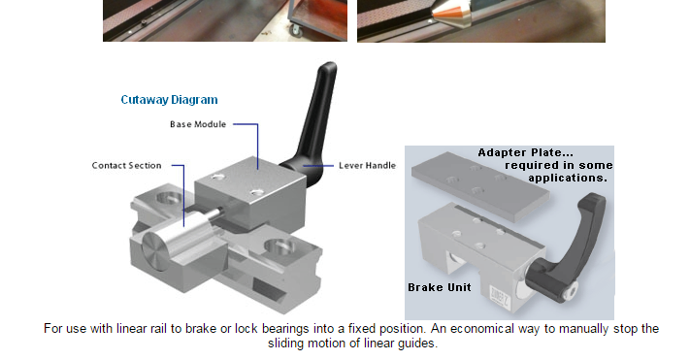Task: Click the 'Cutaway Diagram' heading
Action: pos(169,100)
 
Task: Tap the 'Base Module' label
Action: pos(198,124)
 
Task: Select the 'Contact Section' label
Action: pos(127,166)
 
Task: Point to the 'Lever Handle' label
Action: pos(368,166)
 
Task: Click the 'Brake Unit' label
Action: pos(440,287)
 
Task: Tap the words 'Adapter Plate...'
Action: pos(526,152)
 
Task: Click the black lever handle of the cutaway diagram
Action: pos(313,123)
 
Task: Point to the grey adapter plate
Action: pos(480,184)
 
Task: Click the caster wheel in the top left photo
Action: pos(295,30)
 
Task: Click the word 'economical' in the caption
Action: pos(482,329)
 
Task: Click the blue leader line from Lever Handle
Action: pos(318,166)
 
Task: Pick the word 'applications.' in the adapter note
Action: pos(568,179)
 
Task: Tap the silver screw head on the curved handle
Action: pos(572,291)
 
